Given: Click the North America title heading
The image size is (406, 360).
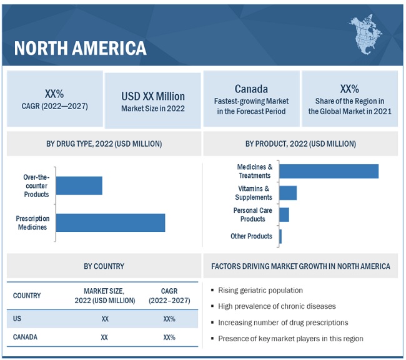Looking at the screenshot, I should tap(80, 47).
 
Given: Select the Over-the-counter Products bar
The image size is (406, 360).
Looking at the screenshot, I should tap(79, 185).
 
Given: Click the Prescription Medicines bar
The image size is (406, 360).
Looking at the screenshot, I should tap(111, 223).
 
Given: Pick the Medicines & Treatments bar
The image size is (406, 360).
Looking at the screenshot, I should tap(329, 171).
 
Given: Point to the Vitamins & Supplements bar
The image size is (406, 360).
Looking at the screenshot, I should tap(288, 193).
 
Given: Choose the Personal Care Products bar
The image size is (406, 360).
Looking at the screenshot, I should tap(284, 215).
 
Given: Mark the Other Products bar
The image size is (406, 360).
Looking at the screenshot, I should tap(280, 236).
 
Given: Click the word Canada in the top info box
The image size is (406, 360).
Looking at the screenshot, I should tap(251, 89).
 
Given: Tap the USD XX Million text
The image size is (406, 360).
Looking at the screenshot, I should tap(153, 96).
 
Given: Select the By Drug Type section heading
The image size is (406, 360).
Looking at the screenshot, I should tap(104, 144).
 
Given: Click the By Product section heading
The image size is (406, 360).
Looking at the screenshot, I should tap(300, 144).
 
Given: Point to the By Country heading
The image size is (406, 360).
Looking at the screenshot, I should tap(104, 266).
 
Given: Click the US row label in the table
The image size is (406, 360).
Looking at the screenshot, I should tap(17, 319).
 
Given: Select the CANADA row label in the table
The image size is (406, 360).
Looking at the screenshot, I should tap(25, 337).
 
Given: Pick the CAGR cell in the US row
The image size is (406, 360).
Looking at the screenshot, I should tap(169, 319).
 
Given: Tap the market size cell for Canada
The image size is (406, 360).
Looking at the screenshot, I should tap(104, 337).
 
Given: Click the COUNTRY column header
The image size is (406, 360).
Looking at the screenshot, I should tap(27, 295).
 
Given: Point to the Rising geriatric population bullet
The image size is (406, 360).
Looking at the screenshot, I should tap(260, 290).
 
